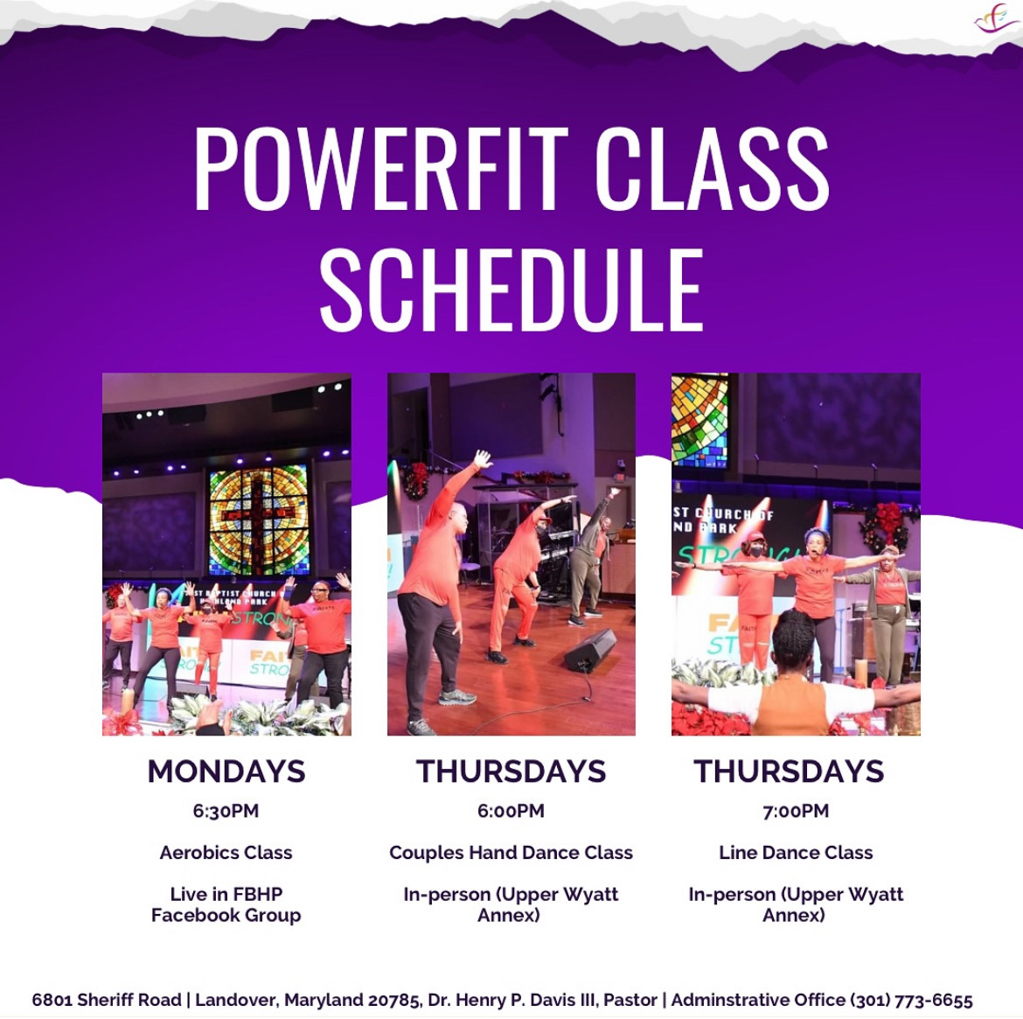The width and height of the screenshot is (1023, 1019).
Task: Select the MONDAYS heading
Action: point(226,771)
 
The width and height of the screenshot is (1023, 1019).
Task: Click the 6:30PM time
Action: point(226,811)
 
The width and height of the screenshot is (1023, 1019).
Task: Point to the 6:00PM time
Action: point(511,811)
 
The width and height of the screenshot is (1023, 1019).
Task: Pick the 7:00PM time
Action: point(796,811)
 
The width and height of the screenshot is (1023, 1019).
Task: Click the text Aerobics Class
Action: point(226,853)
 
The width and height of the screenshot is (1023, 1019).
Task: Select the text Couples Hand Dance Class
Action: point(511,853)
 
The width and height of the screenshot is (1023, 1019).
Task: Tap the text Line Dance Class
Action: point(796,853)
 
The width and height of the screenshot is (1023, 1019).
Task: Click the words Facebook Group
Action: point(226,915)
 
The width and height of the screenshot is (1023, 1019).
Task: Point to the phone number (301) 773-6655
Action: point(911,1000)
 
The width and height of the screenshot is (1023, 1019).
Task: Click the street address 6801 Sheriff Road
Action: point(107,1000)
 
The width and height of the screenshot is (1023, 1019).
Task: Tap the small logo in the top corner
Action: point(996,19)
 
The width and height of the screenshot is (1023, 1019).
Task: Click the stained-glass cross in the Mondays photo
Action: point(259,520)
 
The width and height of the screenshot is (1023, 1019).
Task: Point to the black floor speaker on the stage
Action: point(590,650)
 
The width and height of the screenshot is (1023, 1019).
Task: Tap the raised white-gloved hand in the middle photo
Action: point(482,459)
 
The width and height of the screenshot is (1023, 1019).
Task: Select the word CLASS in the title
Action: point(713,169)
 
